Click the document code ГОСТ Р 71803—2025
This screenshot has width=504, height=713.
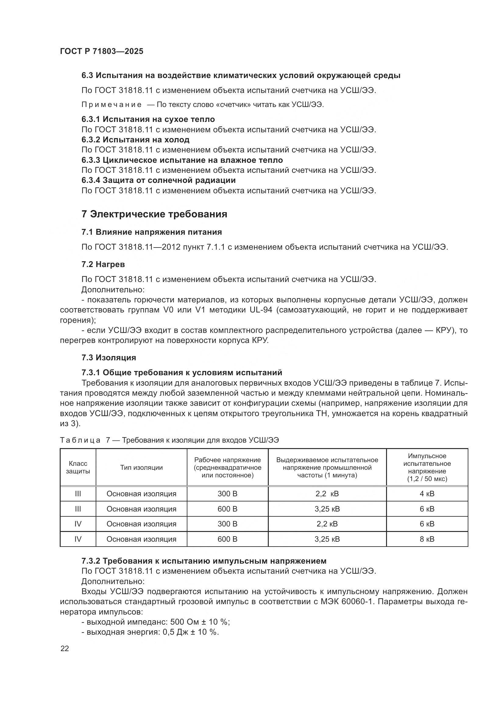coord(101,51)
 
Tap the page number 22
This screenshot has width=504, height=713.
coord(65,648)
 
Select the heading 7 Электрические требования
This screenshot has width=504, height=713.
coord(154,214)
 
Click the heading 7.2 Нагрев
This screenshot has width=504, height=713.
coord(103,264)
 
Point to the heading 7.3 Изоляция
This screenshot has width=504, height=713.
coord(108,358)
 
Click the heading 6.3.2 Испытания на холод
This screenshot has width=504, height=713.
coord(135,140)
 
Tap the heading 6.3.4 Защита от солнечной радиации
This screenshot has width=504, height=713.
coord(158,180)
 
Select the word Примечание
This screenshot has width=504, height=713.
coord(112,105)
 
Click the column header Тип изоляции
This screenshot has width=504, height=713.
coord(141,467)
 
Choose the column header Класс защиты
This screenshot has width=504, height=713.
coord(78,467)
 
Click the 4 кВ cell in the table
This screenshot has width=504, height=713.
coord(427,494)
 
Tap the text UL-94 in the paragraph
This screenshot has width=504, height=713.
coord(261,310)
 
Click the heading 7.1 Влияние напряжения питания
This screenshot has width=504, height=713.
coord(151,232)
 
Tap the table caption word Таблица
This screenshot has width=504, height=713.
coord(80,440)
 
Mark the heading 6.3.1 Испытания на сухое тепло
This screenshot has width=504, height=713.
coord(148,119)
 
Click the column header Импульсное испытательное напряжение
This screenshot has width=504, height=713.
coord(427,467)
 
